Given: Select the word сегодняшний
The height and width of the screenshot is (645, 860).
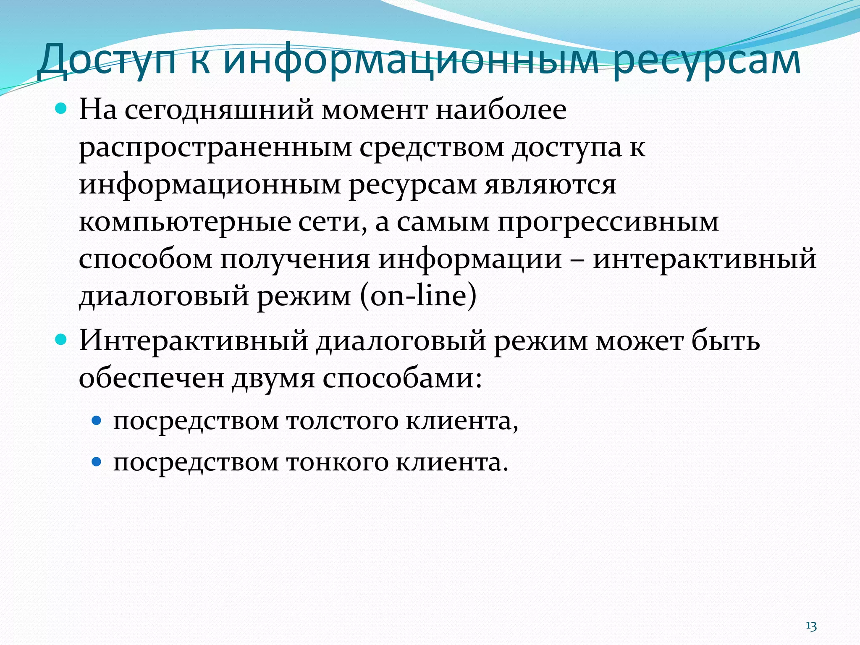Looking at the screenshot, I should tap(219, 110).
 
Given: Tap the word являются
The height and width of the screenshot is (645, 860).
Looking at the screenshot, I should tap(551, 185).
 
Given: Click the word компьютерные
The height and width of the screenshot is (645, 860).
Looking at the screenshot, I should tap(185, 222).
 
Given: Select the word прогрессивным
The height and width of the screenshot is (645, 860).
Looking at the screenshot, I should tap(608, 222).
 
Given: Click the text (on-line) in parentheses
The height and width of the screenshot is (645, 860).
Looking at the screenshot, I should tap(418, 296).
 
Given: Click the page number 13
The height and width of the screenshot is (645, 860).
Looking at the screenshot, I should tap(811, 626).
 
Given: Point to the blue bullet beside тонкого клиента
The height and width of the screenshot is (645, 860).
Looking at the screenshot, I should tap(97, 462).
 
